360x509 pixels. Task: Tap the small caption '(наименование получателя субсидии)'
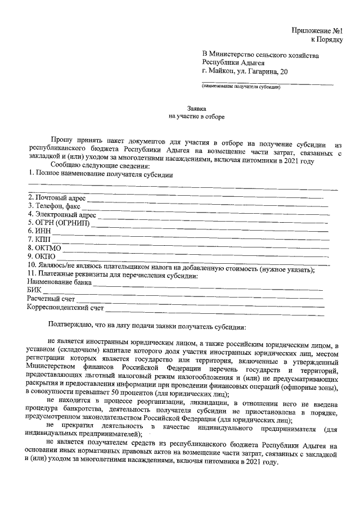[241, 87]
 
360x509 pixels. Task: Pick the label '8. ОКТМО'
[44, 247]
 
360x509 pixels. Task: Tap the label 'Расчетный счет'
[51, 298]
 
